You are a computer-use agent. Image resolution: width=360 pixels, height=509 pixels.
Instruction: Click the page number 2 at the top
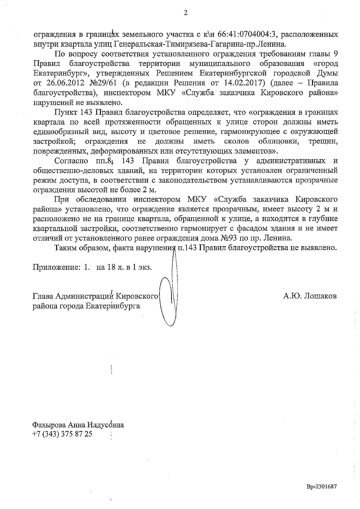click(185, 13)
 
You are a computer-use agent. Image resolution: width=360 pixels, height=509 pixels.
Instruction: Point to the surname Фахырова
click(49, 425)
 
